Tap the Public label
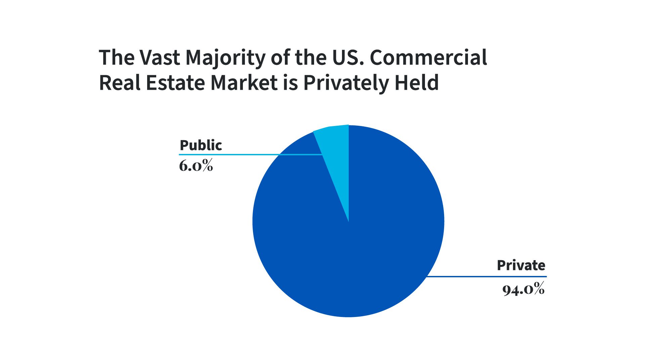tap(201, 145)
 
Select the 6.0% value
tap(196, 165)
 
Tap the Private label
tap(521, 265)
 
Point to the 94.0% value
tap(523, 289)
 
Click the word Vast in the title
tap(160, 57)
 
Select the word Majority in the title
tap(225, 58)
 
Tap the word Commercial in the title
tap(428, 57)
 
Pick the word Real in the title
tap(119, 83)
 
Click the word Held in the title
tap(417, 83)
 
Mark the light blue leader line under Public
tap(235, 155)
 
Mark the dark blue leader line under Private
tap(487, 277)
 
